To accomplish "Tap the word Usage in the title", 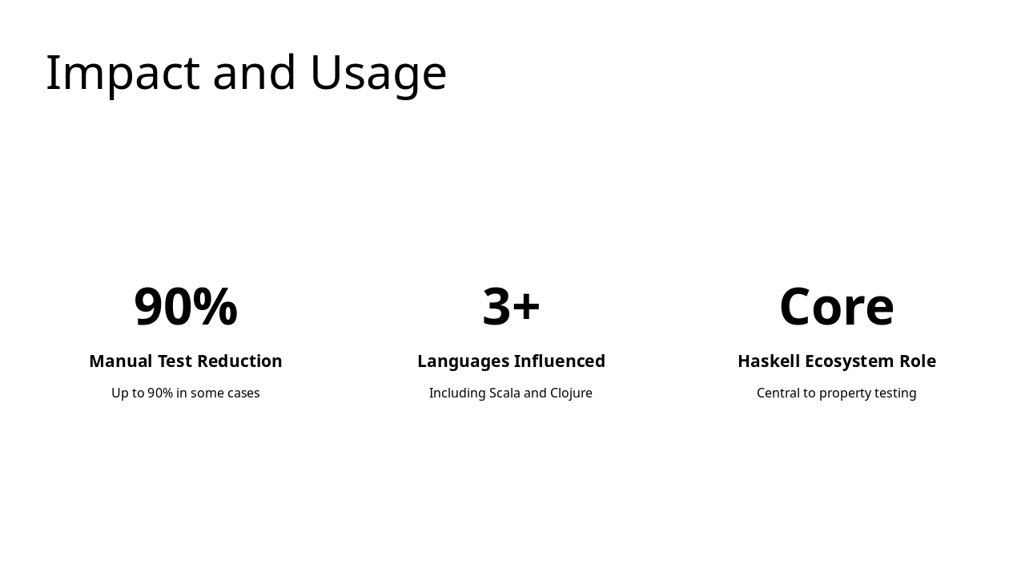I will [378, 73].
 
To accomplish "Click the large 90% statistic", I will [186, 307].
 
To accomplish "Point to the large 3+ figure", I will [512, 307].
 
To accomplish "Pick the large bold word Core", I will [837, 307].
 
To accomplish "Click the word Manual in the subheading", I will [120, 361].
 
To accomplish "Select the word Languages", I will [463, 361].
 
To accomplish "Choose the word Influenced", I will [560, 361].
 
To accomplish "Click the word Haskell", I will [769, 361].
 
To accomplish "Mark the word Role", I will [918, 361].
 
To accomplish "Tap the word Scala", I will [504, 393].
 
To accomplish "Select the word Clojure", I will [571, 393].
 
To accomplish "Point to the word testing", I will [896, 393].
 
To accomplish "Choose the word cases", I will [241, 393].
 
